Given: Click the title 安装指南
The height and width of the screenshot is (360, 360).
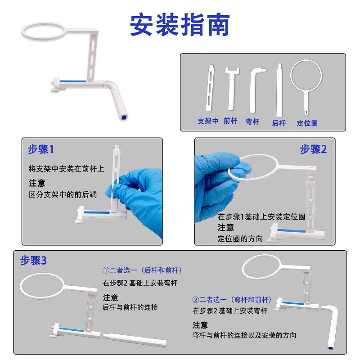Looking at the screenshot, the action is [180, 25].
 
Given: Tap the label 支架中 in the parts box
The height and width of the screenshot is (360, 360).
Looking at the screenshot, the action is [208, 121].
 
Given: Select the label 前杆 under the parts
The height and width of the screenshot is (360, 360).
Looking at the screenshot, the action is [230, 121].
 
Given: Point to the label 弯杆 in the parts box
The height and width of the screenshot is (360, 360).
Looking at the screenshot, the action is [252, 121].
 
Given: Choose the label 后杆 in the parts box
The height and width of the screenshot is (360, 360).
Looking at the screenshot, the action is [279, 123].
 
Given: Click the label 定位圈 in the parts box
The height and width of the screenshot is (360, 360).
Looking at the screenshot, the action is [307, 123].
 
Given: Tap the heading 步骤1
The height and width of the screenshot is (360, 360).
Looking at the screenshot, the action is [40, 149].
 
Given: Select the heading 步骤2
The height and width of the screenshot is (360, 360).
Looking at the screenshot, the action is [313, 149].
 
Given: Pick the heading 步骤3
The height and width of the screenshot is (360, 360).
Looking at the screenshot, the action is [33, 261].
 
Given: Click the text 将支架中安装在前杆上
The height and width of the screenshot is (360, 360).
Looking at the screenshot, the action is [67, 169].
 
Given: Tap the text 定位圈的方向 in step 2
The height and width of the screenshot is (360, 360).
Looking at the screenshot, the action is [240, 239].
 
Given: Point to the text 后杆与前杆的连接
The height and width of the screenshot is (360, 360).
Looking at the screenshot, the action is [130, 307].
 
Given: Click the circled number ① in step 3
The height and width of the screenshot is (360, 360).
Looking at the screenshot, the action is [106, 270].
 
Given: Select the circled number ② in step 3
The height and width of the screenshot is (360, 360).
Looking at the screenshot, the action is [196, 300].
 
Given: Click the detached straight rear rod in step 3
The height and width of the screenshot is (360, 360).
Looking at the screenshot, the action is [135, 339].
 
